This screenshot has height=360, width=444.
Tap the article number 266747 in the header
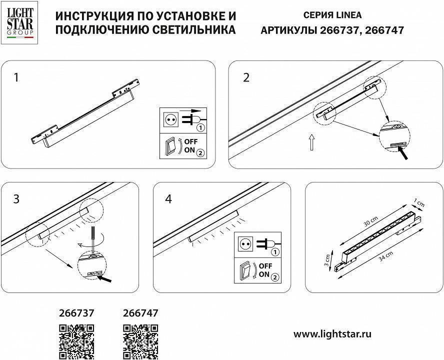pyautogui.click(x=384, y=30)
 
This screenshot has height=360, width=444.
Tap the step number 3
pyautogui.click(x=16, y=199)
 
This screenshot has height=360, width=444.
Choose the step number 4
pyautogui.click(x=168, y=199)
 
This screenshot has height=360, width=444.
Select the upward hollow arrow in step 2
pyautogui.click(x=311, y=142)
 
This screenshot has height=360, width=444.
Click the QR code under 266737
pyautogui.click(x=77, y=340)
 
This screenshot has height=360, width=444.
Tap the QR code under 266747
pyautogui.click(x=140, y=340)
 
